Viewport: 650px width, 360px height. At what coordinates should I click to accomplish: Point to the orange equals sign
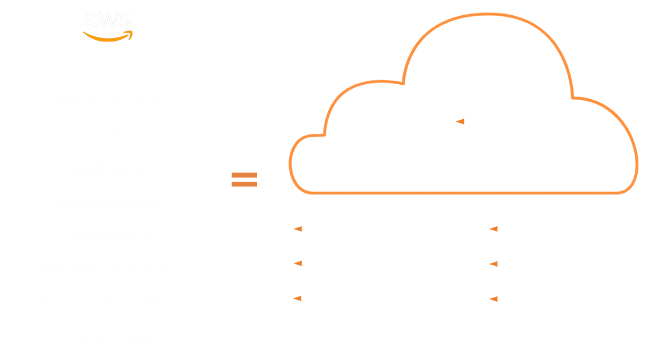(x=244, y=179)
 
